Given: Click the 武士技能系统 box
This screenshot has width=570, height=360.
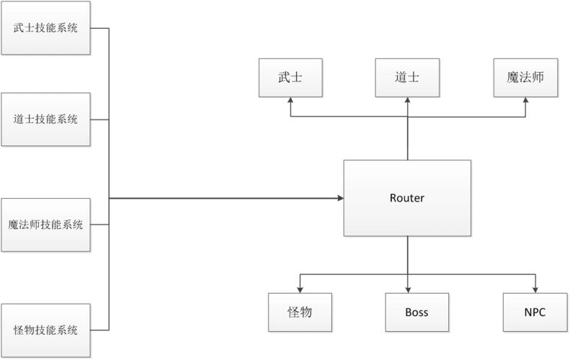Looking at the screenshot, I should pos(46,28).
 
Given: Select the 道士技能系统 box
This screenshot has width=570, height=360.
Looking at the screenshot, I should pos(46,119).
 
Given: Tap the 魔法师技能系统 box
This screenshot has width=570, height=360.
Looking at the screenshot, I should pos(46,225).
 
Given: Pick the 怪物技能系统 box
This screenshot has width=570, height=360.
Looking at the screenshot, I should pos(46,330).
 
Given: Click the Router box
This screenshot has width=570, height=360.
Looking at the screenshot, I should pos(407,198).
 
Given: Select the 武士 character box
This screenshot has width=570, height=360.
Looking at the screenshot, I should pos(290,78).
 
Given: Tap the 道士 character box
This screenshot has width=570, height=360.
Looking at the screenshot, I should pos(407,78).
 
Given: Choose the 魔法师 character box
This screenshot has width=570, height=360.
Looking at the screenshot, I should pos(525,78).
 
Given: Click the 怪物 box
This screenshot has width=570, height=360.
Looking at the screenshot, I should pos(299,312).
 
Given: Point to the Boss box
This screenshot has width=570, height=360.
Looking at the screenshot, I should pos(417,312).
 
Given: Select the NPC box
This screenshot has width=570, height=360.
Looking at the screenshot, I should pos(535,312).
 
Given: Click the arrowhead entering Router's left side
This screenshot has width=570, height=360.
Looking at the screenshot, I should pos(339,194).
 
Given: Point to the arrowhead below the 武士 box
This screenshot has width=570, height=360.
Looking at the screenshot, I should pos(290,102).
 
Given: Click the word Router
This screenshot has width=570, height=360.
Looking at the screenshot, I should pos(407,198).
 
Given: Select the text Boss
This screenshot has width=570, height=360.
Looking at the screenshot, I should pos(417,312).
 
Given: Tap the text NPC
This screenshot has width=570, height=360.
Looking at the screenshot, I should pos(535,312).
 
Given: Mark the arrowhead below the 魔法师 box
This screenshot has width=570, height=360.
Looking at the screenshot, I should pos(525,102).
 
